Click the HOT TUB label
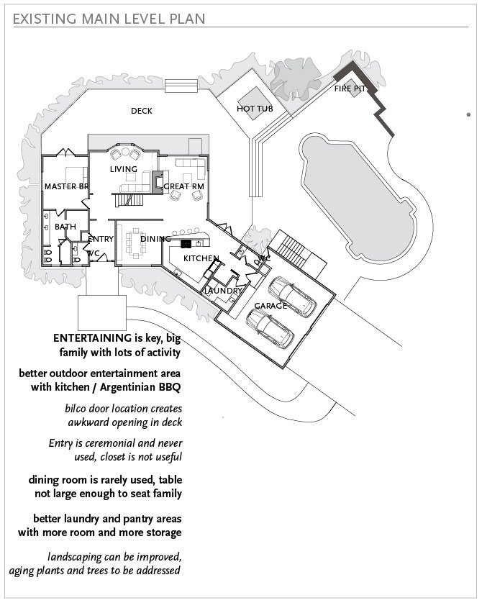255,109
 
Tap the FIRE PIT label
350,89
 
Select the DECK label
142,111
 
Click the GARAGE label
270,306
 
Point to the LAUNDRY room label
223,291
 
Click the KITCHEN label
201,258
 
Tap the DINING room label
155,239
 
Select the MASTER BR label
66,186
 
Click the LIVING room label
124,169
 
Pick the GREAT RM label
183,186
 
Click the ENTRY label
101,239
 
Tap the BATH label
65,227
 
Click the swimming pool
358,196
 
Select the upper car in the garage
293,296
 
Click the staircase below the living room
129,200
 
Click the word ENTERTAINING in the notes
92,338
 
